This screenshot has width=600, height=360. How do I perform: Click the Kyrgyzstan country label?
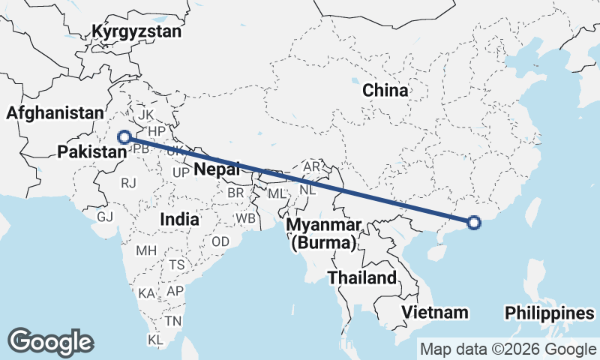click(136, 31)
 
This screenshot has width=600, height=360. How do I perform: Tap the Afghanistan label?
click(55, 113)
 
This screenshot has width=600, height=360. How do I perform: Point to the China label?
click(385, 91)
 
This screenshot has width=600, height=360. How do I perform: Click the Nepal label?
click(217, 169)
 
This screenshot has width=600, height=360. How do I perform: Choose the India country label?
click(179, 220)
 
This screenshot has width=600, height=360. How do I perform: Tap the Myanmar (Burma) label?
click(324, 234)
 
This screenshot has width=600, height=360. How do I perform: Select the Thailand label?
click(362, 278)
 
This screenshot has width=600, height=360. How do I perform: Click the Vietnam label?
click(434, 312)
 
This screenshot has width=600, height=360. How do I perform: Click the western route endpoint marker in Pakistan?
click(125, 137)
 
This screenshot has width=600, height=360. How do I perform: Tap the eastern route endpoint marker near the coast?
click(473, 222)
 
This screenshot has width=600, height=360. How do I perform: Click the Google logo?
click(51, 341)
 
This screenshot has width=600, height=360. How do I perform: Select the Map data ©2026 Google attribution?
click(508, 349)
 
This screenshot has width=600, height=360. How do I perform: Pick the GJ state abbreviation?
click(105, 216)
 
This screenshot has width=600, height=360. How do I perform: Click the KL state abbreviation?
click(156, 340)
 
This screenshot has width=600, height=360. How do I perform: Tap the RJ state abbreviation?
click(129, 181)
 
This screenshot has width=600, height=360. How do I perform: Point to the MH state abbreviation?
click(145, 250)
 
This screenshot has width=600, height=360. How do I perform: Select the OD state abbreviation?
click(220, 242)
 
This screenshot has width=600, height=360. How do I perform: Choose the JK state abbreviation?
click(145, 115)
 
